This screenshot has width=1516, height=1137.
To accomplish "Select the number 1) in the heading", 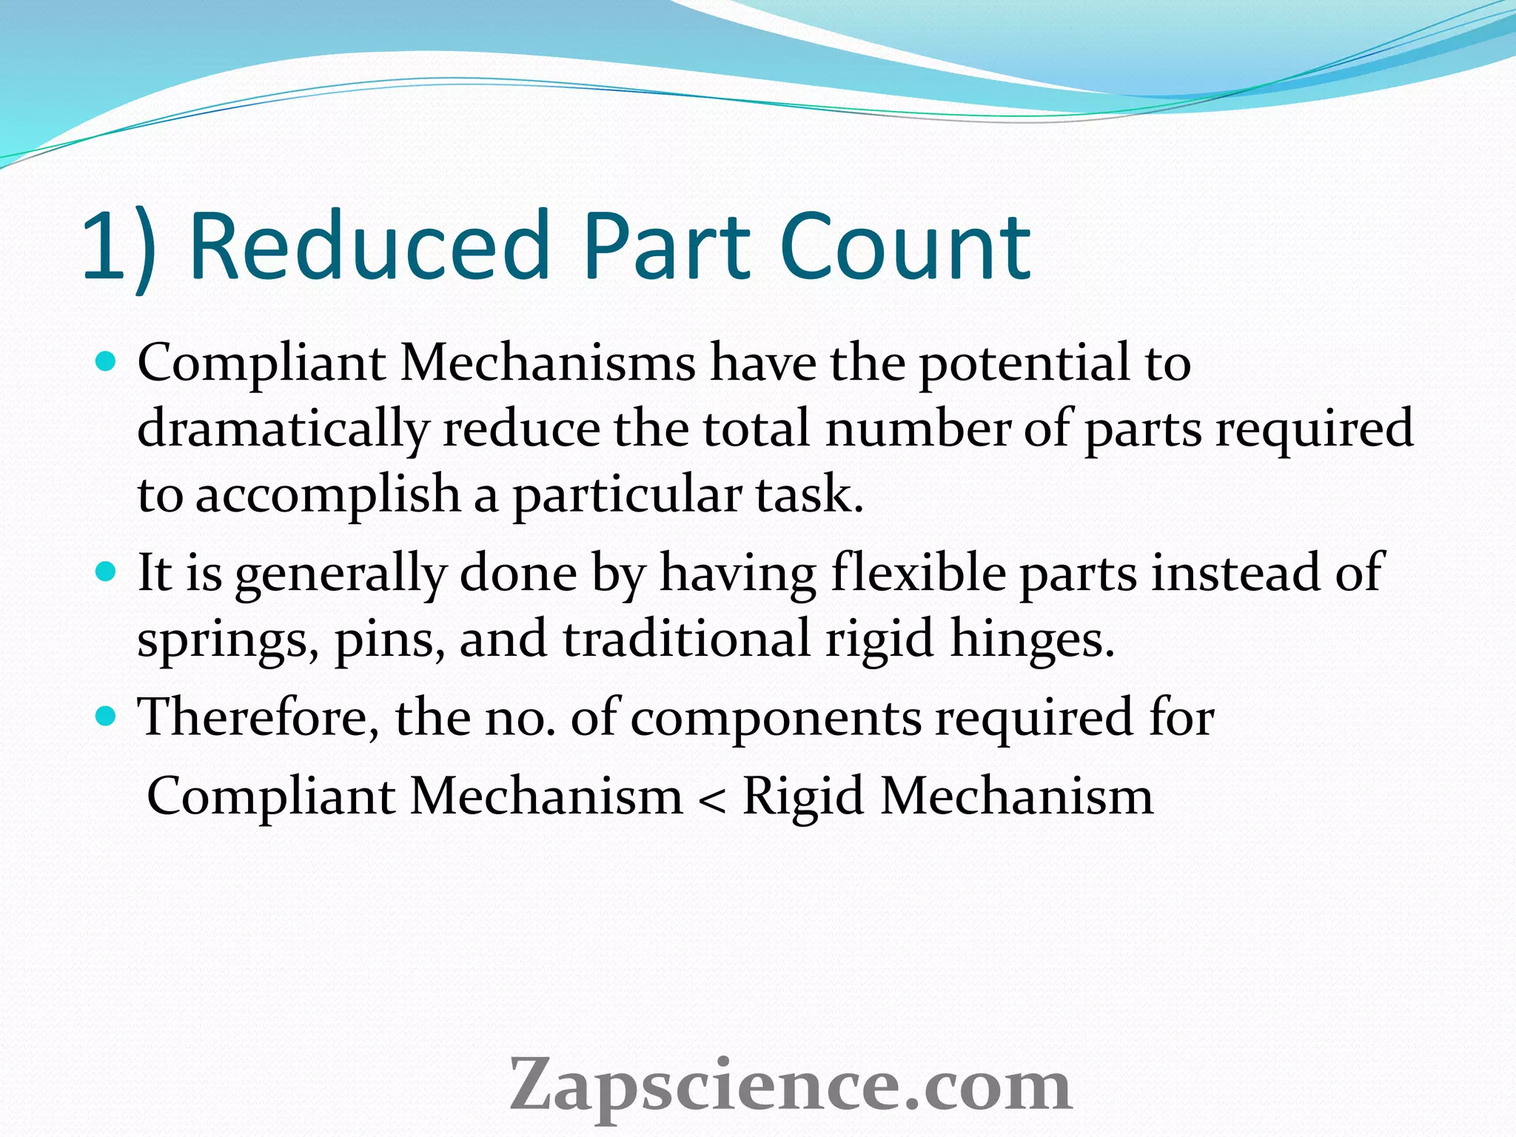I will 118,248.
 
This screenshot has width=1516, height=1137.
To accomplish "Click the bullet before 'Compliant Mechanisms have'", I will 107,362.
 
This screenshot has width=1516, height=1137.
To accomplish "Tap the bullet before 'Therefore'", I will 107,716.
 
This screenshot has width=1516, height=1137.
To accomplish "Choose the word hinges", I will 1032,639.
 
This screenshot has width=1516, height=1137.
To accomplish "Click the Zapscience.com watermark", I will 790,1084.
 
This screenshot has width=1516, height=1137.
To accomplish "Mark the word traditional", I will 686,639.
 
